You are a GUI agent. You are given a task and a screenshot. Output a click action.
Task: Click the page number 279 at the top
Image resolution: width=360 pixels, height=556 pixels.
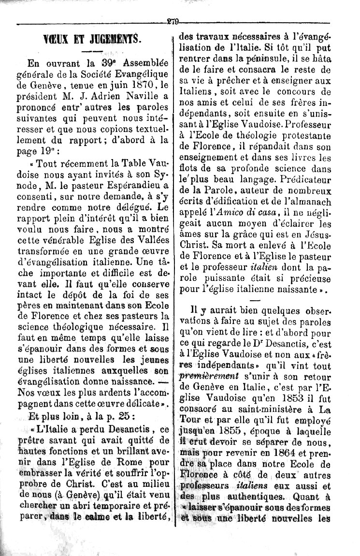(173, 21)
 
